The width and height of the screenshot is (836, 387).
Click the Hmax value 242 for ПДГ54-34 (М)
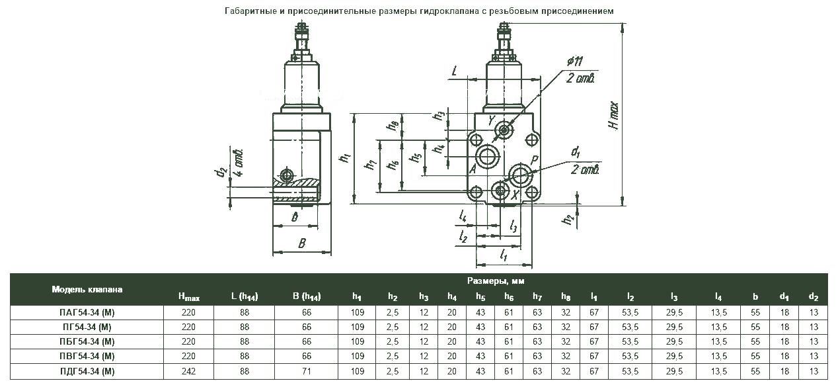[188, 371]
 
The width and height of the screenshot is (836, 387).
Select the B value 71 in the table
[307, 371]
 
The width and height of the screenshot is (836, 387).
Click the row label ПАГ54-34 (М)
[87, 312]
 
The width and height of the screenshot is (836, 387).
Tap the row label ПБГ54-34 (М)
[87, 341]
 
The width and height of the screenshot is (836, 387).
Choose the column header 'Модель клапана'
[87, 289]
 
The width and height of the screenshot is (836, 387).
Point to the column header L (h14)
[245, 297]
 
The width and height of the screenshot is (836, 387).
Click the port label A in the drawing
[473, 169]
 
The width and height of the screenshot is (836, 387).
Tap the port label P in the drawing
[535, 161]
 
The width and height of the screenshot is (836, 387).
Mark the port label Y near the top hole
[491, 121]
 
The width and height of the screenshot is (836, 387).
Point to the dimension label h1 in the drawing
[344, 158]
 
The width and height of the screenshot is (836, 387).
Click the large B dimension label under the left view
[301, 243]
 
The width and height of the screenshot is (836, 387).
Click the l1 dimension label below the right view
[504, 253]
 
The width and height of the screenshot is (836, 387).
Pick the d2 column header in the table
[814, 297]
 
